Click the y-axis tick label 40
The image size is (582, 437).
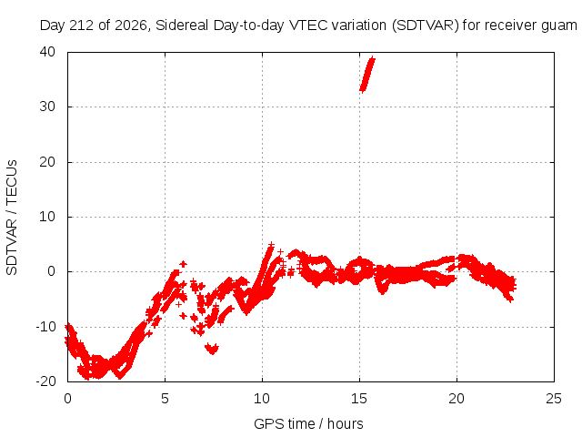coord(47,52)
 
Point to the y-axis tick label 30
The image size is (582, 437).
coord(47,107)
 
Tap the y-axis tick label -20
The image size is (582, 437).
coord(45,381)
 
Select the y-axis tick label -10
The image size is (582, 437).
coord(45,327)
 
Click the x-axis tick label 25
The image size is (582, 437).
coord(554,399)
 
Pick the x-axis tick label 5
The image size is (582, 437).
coord(165,399)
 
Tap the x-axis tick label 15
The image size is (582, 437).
coord(359,399)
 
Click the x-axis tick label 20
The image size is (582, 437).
coord(457,399)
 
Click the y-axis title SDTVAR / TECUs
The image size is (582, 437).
coord(12,218)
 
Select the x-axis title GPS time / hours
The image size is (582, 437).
coord(308,423)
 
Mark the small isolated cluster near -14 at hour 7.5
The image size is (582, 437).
coord(212,349)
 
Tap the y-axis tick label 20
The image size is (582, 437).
coord(47,162)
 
